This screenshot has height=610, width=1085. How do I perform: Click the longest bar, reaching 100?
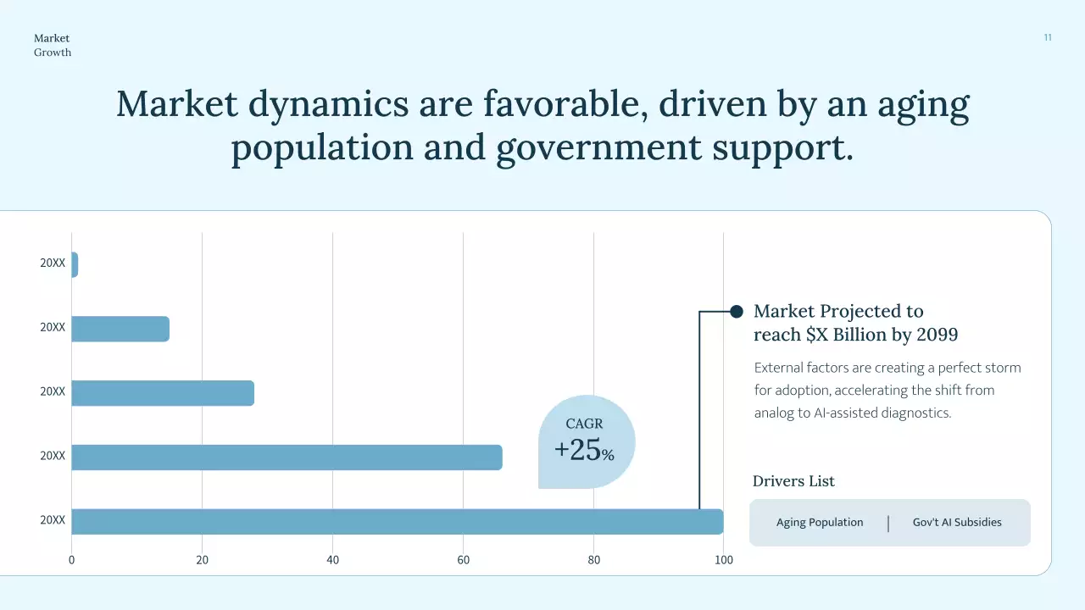[x=397, y=522]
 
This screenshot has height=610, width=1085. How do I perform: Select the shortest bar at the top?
[x=75, y=264]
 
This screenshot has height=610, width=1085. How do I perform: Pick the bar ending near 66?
[x=287, y=457]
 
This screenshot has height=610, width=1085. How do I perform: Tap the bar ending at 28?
[x=163, y=393]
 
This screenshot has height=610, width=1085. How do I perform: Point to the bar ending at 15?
[x=120, y=329]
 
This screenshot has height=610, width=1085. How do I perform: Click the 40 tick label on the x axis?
[x=332, y=560]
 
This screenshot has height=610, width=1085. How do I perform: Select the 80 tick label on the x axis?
[x=593, y=560]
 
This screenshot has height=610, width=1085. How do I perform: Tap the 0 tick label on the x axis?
[x=71, y=560]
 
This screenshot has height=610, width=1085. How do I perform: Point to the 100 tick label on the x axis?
[x=724, y=560]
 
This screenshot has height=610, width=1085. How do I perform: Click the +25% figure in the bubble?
[x=584, y=451]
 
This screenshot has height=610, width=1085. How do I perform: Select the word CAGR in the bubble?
[x=584, y=424]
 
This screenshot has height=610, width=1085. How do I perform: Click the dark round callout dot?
[x=737, y=312]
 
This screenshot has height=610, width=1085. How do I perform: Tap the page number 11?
[x=1048, y=37]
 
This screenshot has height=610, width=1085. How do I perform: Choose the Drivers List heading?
[x=793, y=481]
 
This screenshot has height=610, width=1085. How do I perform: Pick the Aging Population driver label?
[x=820, y=522]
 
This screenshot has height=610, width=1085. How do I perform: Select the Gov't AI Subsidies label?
[x=957, y=522]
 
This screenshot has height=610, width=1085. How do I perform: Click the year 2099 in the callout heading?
[x=936, y=335]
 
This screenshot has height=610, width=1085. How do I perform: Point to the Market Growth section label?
[x=53, y=45]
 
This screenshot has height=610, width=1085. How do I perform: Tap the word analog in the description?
[x=773, y=413]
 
